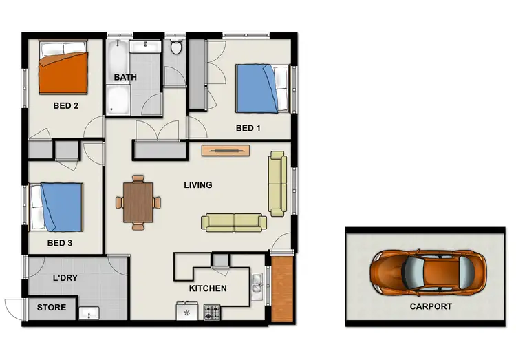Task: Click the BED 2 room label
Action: tap(65, 106)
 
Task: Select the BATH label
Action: tap(125, 77)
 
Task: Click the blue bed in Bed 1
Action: tap(260, 87)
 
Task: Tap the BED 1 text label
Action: tap(248, 128)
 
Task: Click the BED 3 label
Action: tap(61, 243)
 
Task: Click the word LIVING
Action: tap(197, 185)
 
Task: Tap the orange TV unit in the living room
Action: tap(223, 150)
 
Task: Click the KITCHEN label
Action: tap(207, 288)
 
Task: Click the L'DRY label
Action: tap(67, 279)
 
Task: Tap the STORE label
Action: tap(52, 307)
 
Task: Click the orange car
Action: tap(428, 269)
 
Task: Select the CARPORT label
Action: tap(431, 306)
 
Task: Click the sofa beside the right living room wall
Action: tap(277, 184)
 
